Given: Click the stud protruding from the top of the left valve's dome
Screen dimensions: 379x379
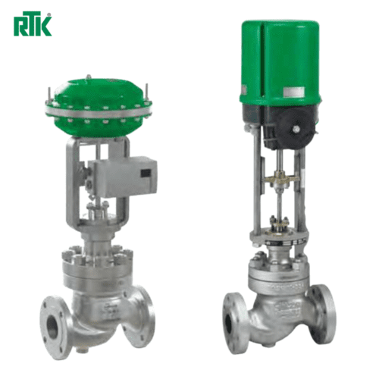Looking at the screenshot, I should click(x=89, y=77).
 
